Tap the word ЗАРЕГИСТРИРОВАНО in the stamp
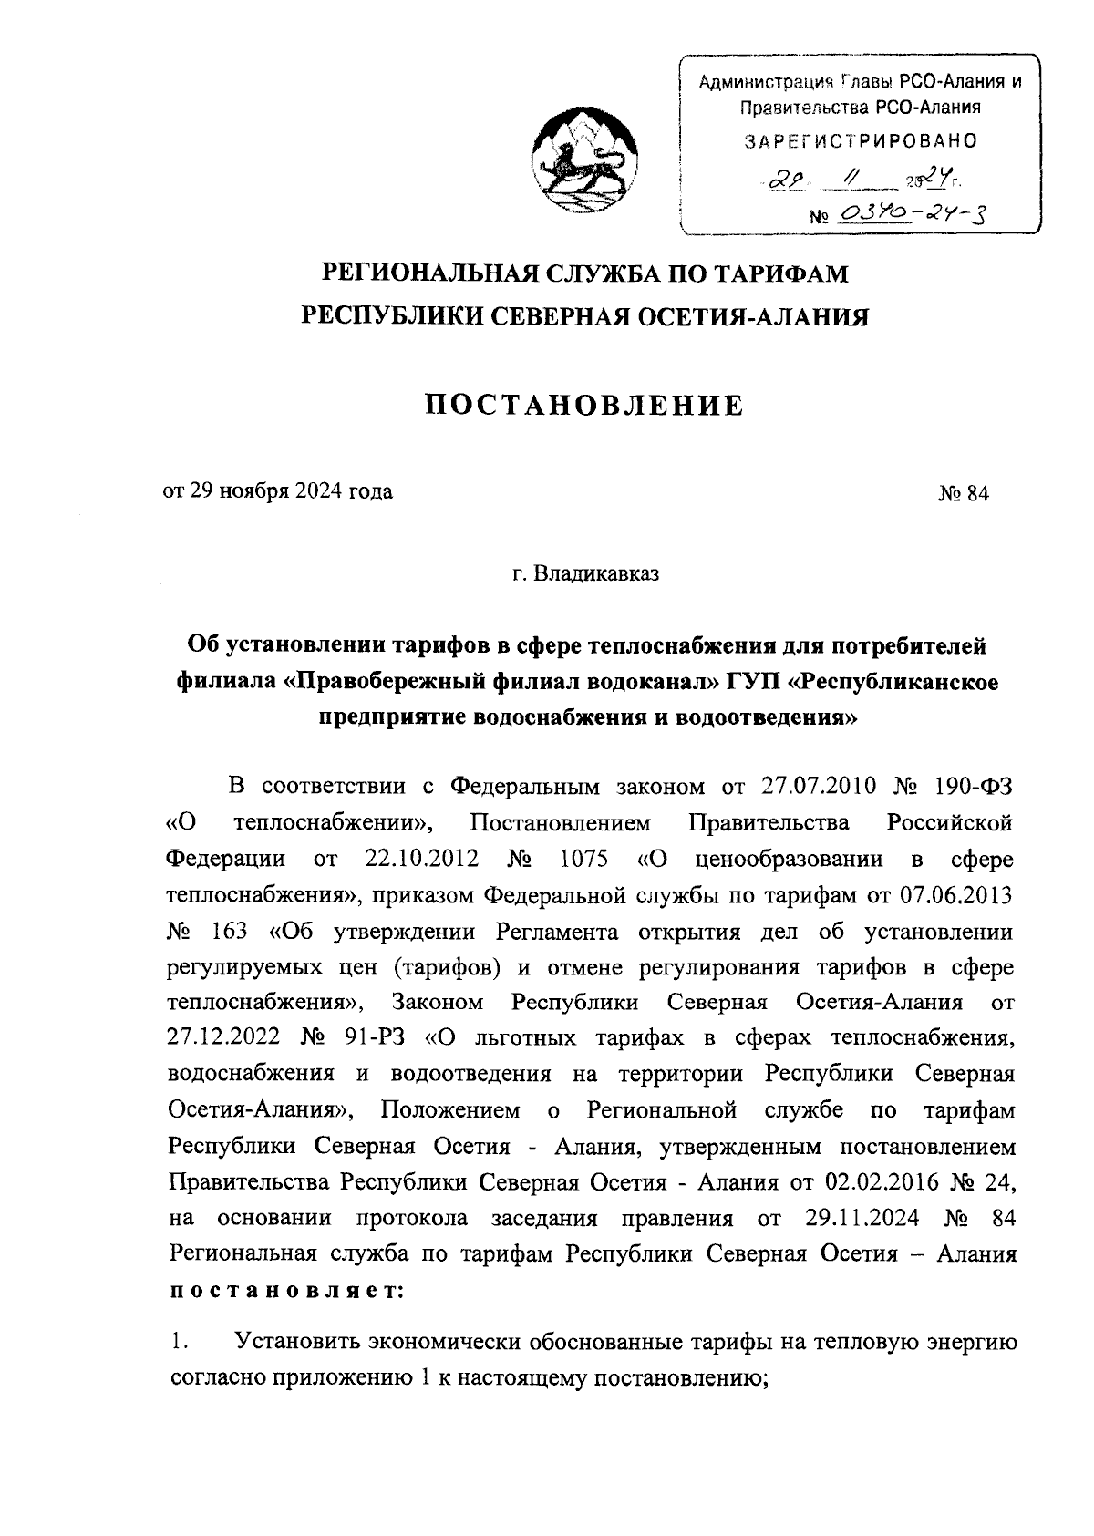(861, 141)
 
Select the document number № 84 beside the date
(963, 493)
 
